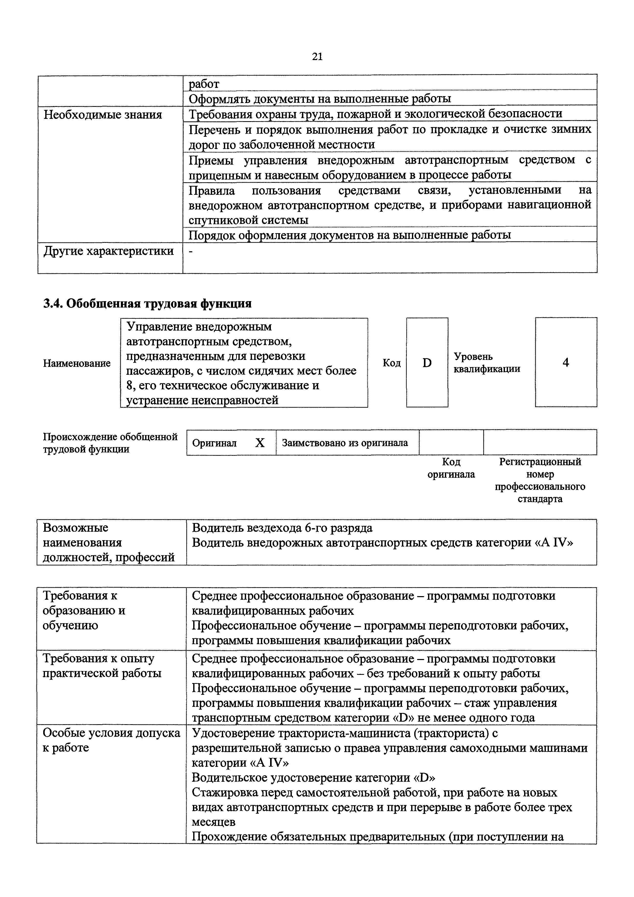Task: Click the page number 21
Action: click(x=317, y=57)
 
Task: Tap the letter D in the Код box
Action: click(x=427, y=363)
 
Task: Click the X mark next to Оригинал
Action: click(x=260, y=443)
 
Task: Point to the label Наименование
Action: click(x=77, y=363)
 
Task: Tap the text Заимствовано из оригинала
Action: click(x=345, y=443)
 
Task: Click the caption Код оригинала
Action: click(x=451, y=468)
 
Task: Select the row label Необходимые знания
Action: click(x=102, y=115)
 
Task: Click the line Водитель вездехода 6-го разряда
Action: click(x=282, y=528)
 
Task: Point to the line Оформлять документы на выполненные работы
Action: click(x=319, y=98)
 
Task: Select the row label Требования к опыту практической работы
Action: click(x=101, y=666)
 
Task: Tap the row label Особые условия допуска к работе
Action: click(x=111, y=740)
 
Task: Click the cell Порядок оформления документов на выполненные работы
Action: click(x=350, y=235)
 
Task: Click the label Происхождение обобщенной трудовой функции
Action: click(x=110, y=443)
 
